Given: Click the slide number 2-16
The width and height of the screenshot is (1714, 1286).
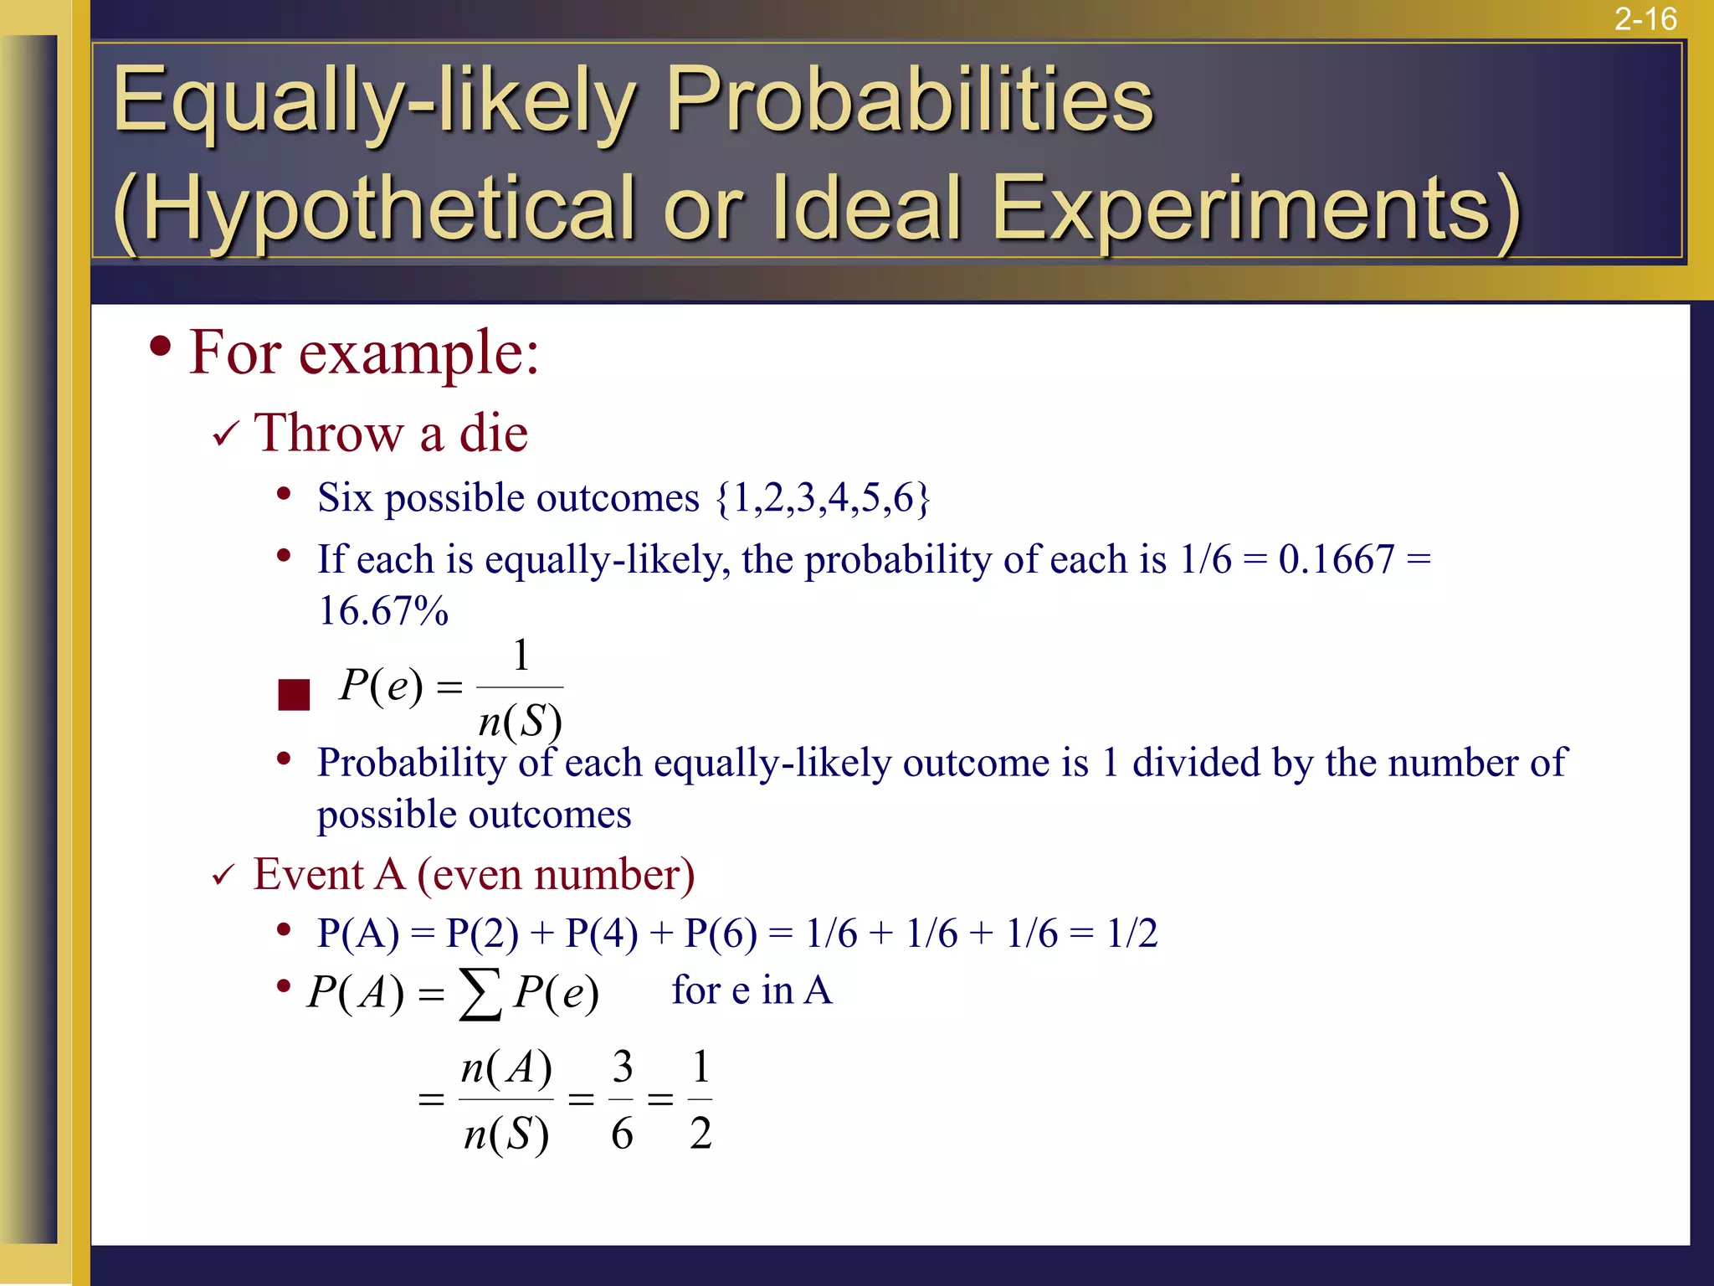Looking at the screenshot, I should (x=1645, y=18).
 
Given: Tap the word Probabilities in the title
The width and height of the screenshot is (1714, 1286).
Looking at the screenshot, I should (x=909, y=100).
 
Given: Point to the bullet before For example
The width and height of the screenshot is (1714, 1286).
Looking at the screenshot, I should (x=161, y=347).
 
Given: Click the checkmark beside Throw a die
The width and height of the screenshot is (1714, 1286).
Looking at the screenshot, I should (x=226, y=434).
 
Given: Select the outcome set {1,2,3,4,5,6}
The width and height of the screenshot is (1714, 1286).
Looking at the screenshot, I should (x=823, y=498).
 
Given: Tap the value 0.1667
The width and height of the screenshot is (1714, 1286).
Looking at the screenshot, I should (x=1337, y=559).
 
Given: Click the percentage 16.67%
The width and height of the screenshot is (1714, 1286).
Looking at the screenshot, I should (x=383, y=610).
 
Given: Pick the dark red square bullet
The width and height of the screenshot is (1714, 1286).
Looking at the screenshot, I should (x=294, y=695).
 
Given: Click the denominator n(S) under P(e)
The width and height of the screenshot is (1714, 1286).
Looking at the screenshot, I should (x=520, y=721).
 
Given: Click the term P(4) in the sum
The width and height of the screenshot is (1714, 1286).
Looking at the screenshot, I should (x=601, y=934).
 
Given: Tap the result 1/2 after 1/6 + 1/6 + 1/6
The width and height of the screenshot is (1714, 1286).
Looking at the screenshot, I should (x=1132, y=934).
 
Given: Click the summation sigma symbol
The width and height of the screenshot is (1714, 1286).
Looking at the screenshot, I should (x=480, y=994).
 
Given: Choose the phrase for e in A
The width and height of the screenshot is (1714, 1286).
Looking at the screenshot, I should (x=752, y=990).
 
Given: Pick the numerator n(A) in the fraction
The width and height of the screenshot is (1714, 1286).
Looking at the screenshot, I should (x=506, y=1068).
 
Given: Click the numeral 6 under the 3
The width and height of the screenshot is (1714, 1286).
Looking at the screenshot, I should (x=622, y=1134).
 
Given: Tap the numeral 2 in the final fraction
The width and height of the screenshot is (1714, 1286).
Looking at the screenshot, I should (x=700, y=1134).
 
